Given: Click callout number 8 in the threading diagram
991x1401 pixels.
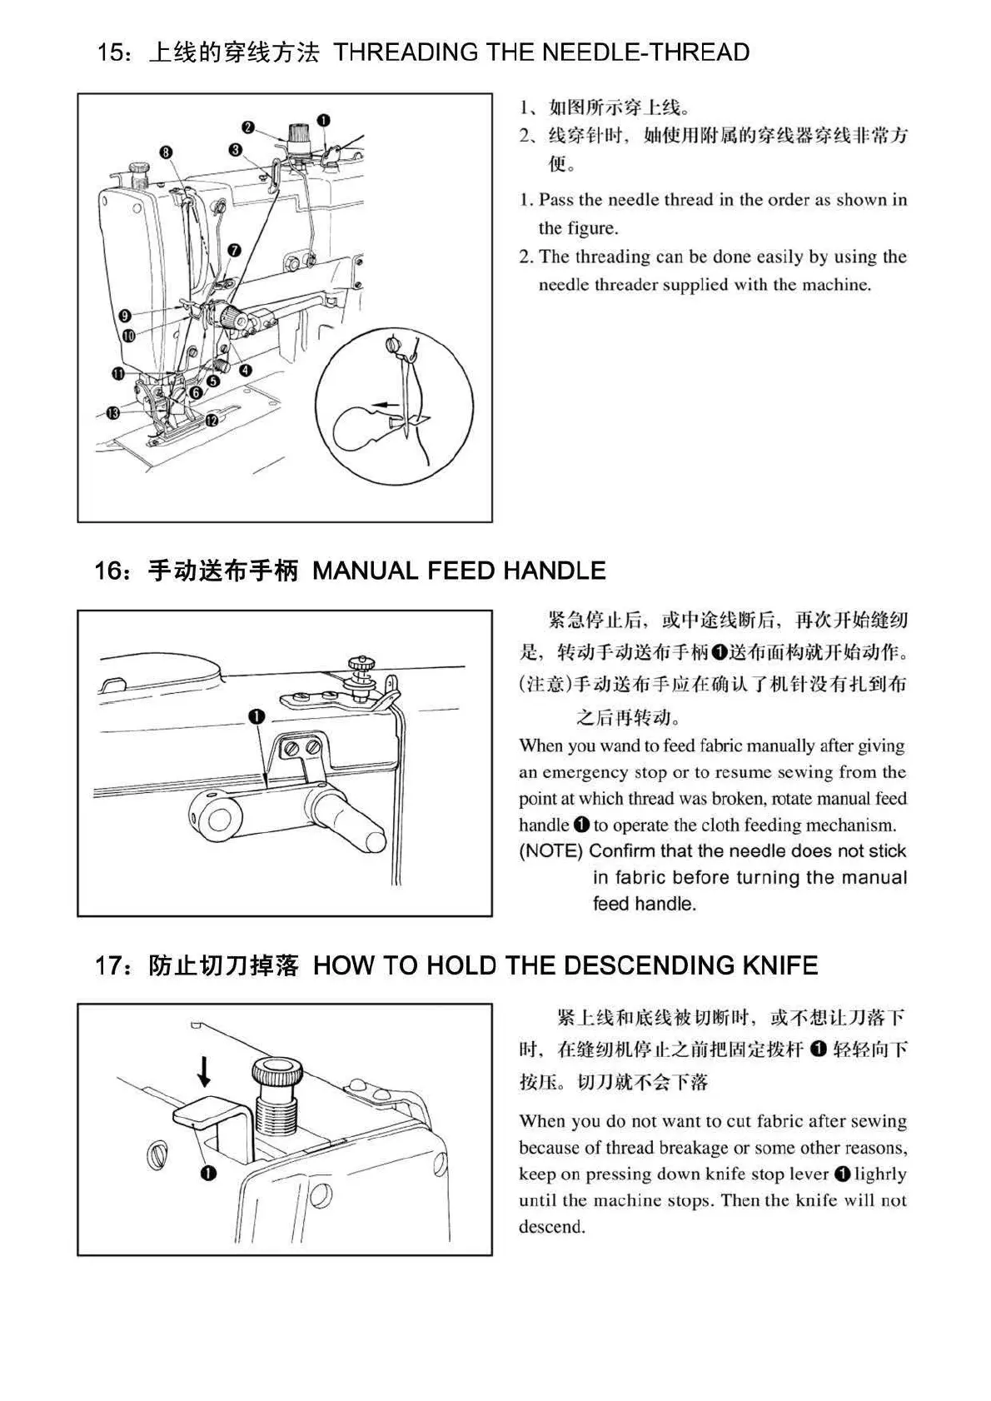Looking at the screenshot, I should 167,152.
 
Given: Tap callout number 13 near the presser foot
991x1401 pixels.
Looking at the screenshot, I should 113,412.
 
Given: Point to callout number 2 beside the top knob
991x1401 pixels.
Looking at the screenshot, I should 248,127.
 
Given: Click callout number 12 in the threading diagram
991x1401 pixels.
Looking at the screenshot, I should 212,421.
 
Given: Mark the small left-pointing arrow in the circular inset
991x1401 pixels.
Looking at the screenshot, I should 384,406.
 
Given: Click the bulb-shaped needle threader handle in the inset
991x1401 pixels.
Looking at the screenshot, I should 357,425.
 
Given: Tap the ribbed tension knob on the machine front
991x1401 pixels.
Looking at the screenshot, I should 232,317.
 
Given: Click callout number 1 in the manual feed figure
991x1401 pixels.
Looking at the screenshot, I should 256,717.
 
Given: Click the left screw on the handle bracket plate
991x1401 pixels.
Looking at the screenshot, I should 291,750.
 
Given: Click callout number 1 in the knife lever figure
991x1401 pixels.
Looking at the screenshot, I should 208,1174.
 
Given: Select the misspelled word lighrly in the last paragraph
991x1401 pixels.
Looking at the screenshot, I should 880,1174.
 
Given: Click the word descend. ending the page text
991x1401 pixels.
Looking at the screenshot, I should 552,1227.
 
